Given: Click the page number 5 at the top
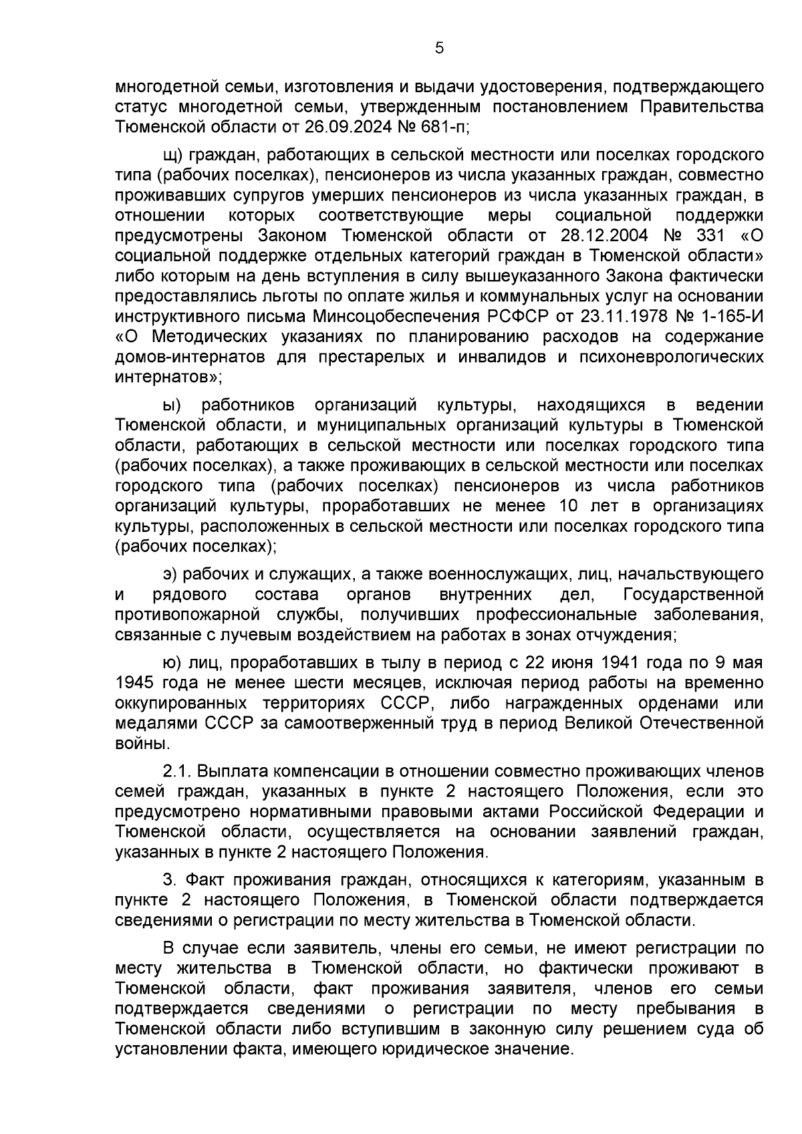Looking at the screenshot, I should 439,48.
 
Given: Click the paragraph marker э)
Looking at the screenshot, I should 170,574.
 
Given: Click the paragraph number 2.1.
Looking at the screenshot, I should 178,771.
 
